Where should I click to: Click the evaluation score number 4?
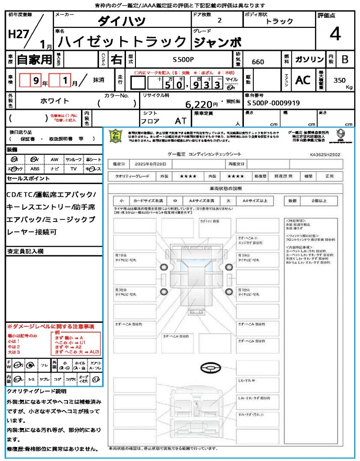[335, 34]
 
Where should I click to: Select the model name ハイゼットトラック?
[122, 42]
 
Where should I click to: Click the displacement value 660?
[258, 62]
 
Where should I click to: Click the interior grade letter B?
[345, 59]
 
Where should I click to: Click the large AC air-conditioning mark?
[303, 80]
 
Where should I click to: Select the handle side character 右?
[117, 59]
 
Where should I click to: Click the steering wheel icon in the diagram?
[211, 368]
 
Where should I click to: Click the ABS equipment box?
[35, 169]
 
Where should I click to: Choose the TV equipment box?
[73, 169]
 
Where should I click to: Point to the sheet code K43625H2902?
[325, 154]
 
